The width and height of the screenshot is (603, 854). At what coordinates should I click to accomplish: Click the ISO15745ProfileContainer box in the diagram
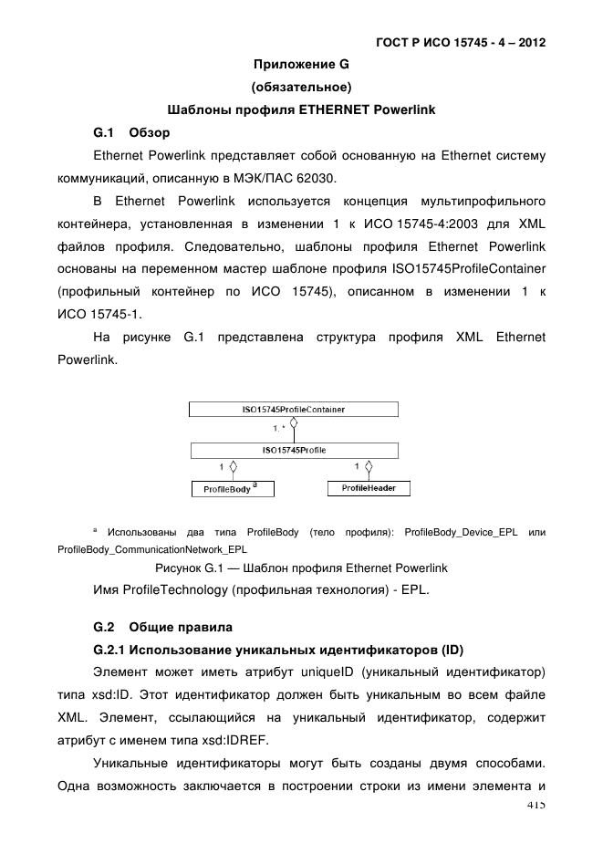[x=293, y=411]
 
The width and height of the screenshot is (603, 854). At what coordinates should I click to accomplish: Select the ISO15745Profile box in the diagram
[x=293, y=450]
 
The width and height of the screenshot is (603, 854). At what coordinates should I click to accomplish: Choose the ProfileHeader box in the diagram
[x=368, y=489]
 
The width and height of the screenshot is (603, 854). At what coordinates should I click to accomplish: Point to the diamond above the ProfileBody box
[x=234, y=468]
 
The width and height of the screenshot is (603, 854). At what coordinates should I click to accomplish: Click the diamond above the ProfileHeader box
[x=368, y=468]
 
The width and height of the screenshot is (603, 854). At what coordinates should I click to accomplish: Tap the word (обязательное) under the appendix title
[x=301, y=88]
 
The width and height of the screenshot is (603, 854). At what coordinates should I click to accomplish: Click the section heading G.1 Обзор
[x=132, y=133]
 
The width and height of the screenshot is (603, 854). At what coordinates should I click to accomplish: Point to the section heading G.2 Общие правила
[x=164, y=627]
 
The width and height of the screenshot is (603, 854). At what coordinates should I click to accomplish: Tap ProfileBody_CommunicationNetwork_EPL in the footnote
[x=151, y=550]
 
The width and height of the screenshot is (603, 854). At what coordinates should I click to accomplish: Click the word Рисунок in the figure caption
[x=182, y=568]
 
